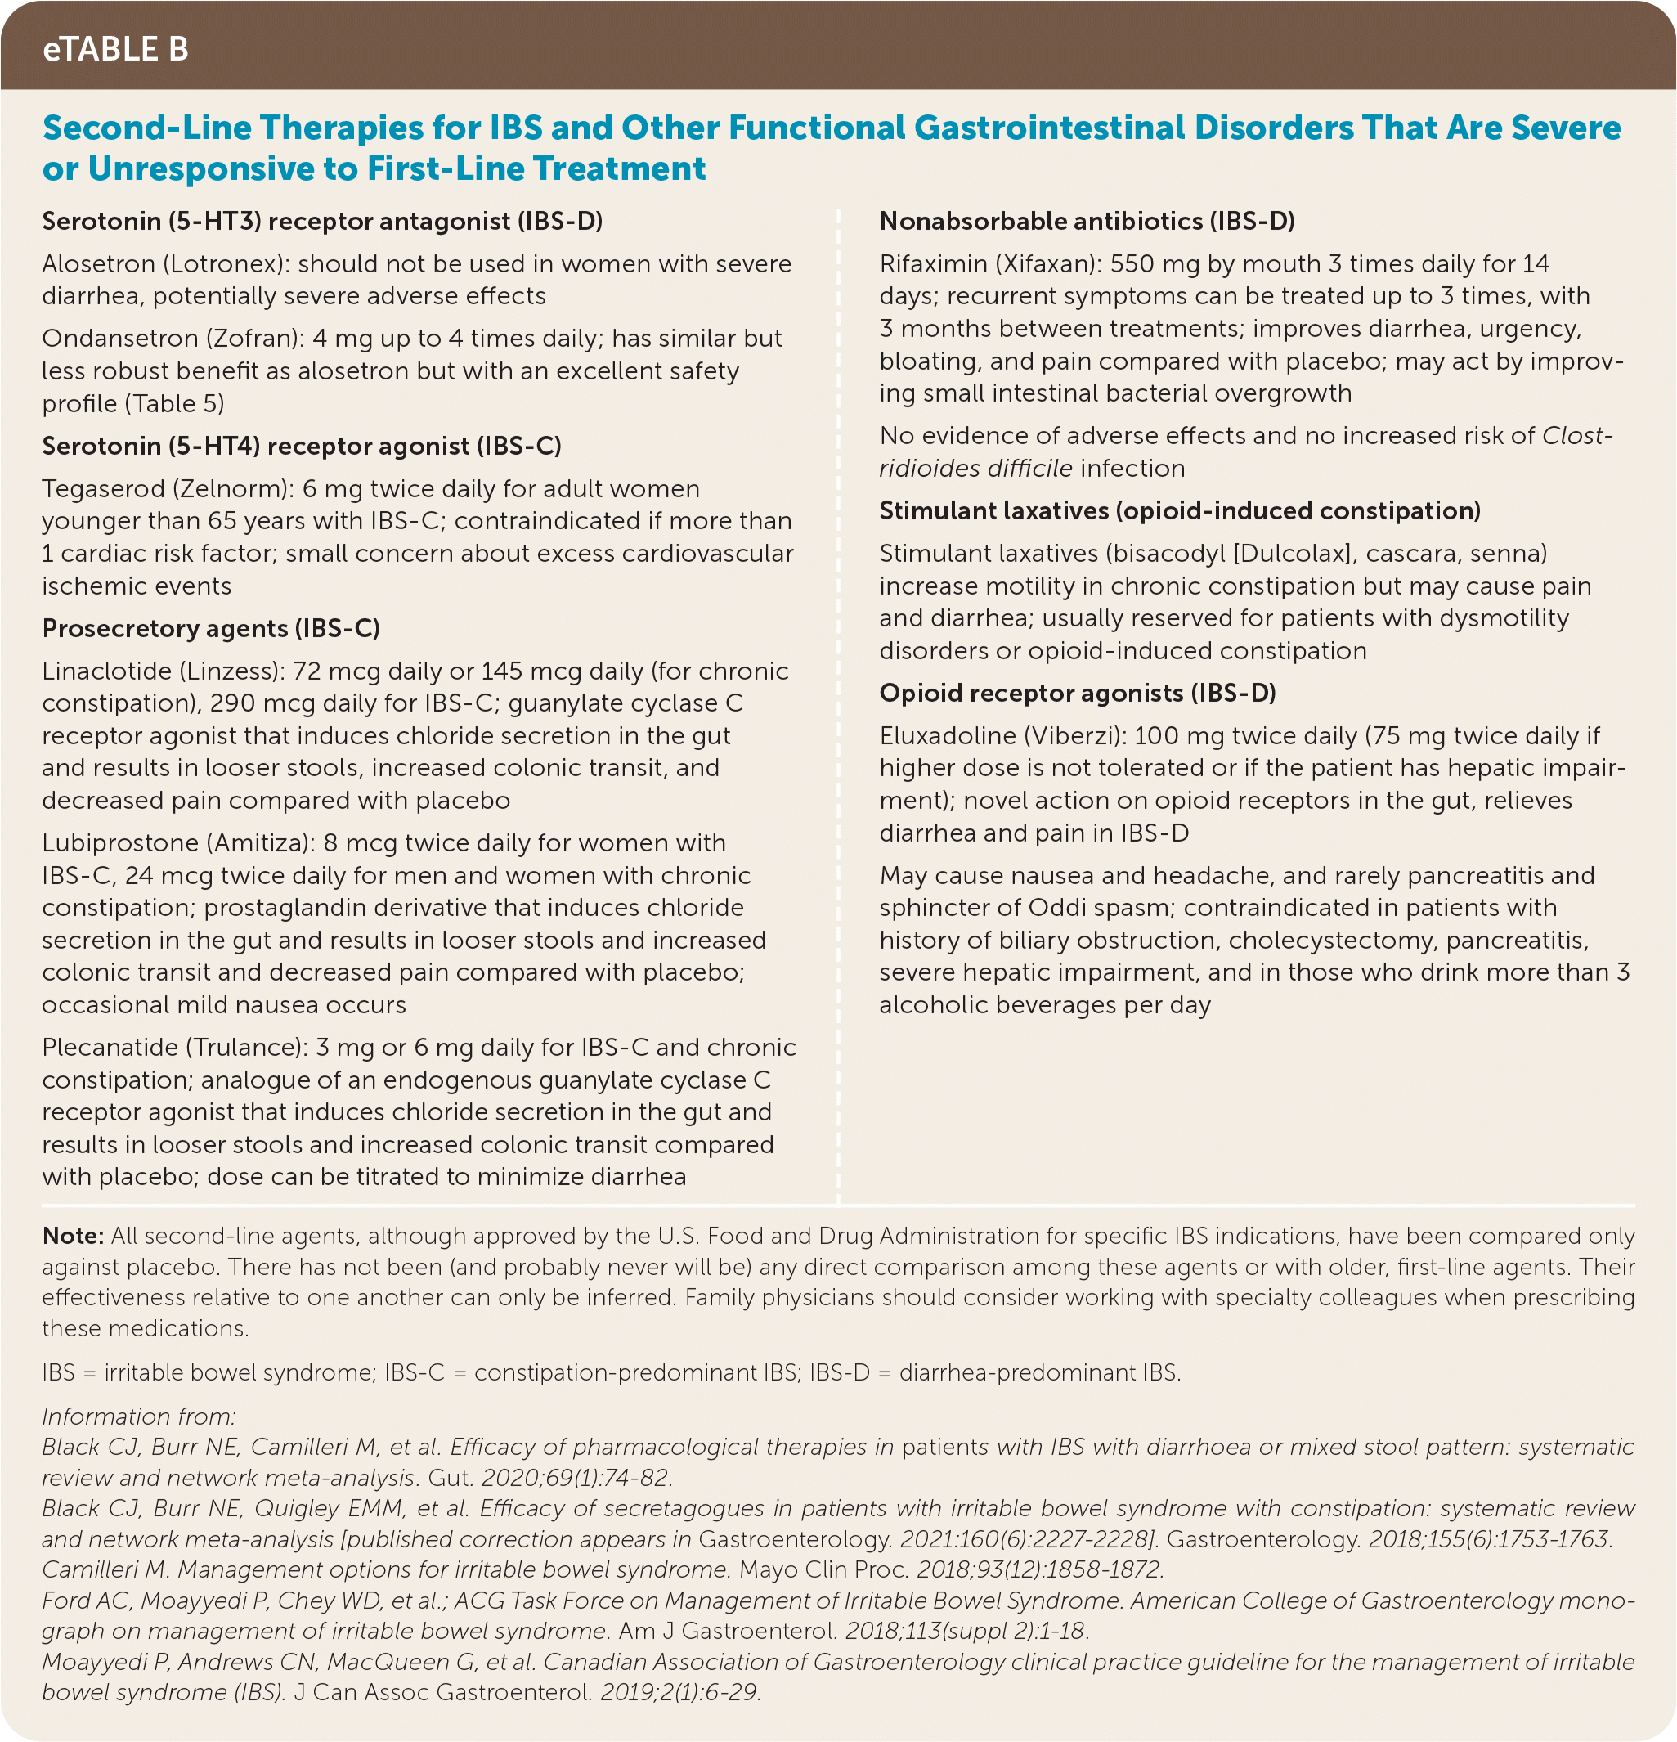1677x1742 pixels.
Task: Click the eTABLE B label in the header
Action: [x=115, y=49]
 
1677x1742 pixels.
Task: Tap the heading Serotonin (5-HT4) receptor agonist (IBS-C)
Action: [x=301, y=447]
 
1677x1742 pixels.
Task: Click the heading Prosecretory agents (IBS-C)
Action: [x=211, y=628]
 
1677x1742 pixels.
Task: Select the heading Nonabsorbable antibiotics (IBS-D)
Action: [x=1086, y=222]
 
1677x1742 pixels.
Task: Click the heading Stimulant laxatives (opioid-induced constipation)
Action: [x=1179, y=511]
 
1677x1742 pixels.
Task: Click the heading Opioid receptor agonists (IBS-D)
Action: [x=1077, y=694]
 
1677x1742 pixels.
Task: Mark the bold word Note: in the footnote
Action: [x=73, y=1236]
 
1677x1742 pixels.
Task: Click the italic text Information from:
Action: [x=139, y=1416]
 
